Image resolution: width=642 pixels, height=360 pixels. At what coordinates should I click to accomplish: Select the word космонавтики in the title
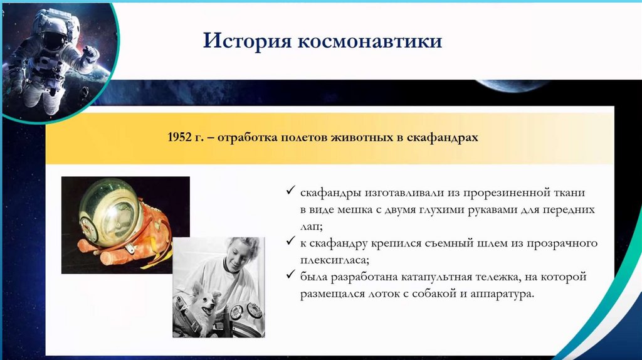pos(370,41)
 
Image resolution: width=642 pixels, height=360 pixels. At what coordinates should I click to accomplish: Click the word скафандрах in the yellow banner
pos(442,137)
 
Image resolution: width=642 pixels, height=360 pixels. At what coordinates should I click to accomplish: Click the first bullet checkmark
pos(290,190)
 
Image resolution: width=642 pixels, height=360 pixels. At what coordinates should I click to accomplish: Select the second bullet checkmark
pos(290,241)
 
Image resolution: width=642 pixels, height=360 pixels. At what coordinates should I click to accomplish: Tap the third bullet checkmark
pos(290,275)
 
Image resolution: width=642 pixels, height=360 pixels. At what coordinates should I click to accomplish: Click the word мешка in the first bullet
pos(353,210)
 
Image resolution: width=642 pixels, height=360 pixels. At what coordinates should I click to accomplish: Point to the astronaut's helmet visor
pos(55,41)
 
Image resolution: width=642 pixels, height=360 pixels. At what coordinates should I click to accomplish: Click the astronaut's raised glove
pos(90,54)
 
